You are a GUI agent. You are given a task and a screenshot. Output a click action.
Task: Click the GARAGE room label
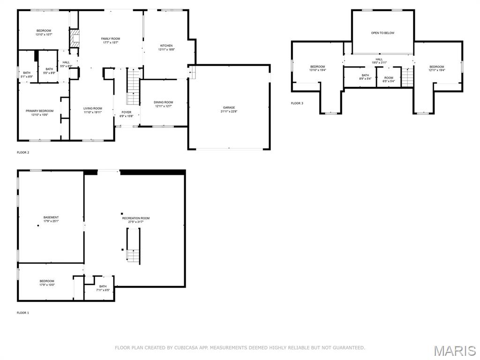[229, 108]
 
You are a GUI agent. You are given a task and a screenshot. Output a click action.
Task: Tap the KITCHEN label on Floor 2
[166, 46]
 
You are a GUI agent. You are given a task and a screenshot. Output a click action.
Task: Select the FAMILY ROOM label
[111, 38]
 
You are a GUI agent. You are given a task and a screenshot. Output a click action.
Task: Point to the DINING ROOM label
[164, 102]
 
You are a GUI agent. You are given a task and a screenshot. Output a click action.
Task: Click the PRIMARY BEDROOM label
[39, 111]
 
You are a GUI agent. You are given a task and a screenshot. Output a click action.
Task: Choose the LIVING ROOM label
[93, 108]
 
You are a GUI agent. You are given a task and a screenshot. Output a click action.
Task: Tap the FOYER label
[127, 112]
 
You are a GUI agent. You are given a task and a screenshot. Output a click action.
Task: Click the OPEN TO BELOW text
[382, 33]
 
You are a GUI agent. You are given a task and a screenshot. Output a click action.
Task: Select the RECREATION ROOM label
[136, 218]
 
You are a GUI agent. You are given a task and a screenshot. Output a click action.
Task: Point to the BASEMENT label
[51, 217]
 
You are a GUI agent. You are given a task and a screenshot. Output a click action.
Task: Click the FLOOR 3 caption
[297, 103]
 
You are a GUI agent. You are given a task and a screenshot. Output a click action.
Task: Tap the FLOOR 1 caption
[23, 313]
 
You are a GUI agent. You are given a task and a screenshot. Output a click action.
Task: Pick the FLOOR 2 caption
[23, 153]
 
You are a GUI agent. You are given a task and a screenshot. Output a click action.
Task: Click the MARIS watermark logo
[455, 351]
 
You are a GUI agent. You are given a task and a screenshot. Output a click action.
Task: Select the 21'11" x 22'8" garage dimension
[229, 112]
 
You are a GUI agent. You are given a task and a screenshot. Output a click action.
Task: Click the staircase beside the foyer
[134, 87]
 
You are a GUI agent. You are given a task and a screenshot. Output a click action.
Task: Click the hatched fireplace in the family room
[75, 38]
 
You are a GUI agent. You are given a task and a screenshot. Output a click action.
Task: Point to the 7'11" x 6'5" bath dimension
[103, 290]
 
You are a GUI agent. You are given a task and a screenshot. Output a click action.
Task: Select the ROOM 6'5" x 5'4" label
[389, 79]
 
